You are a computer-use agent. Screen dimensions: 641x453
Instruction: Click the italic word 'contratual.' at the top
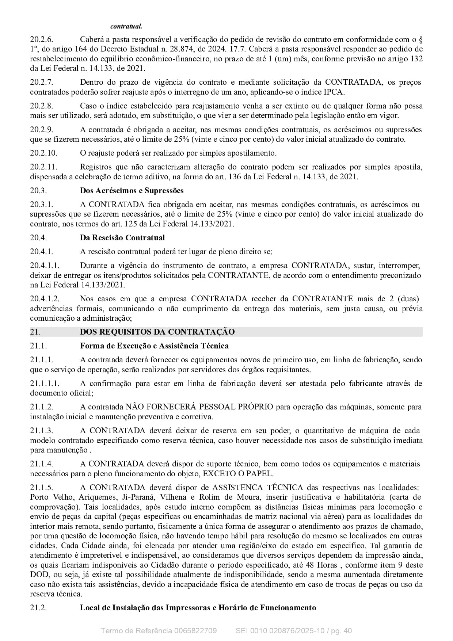click(126, 26)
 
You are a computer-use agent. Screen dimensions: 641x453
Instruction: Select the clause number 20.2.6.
click(42, 39)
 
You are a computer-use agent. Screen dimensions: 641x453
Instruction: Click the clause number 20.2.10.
click(43, 153)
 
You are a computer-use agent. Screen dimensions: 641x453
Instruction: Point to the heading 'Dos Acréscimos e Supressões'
click(132, 191)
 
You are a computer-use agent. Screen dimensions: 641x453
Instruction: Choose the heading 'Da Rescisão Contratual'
click(122, 238)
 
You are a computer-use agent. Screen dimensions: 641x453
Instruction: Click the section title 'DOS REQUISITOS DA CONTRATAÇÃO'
click(157, 332)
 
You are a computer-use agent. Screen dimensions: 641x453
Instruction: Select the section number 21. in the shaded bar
click(35, 332)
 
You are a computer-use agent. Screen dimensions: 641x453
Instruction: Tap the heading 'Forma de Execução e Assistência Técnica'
click(154, 346)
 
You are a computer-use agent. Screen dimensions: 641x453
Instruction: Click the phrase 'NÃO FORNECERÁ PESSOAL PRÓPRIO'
click(199, 407)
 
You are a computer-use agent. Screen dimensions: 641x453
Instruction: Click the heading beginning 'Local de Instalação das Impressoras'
click(198, 608)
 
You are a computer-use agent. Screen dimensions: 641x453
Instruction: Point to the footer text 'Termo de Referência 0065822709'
click(159, 631)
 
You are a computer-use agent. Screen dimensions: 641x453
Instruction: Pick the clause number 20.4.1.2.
click(45, 299)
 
